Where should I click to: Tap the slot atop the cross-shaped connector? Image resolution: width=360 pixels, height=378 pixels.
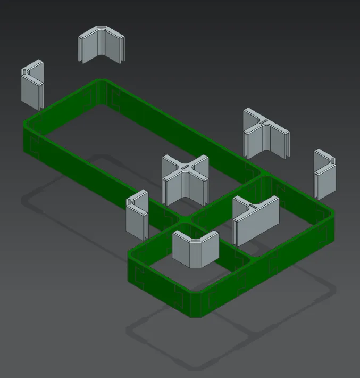tap(185, 167)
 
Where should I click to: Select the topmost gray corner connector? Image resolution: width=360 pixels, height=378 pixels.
tap(102, 45)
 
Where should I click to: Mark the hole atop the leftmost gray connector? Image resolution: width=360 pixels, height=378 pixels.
tap(25, 71)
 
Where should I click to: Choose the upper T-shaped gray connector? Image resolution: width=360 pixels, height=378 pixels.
tap(265, 133)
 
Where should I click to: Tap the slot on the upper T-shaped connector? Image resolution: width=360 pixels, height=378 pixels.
tap(263, 122)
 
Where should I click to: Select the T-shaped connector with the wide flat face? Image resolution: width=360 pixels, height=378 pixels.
tap(256, 219)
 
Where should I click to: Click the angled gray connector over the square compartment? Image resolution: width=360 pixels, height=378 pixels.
tap(196, 248)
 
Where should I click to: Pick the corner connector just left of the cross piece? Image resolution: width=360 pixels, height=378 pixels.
tap(137, 215)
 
